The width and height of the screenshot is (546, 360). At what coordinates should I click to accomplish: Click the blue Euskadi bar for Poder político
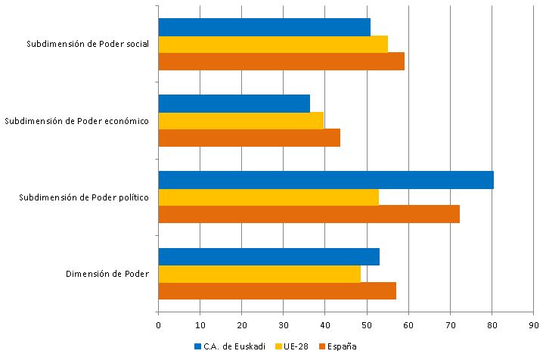coord(325,180)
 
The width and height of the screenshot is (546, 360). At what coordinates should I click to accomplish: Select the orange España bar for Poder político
coord(309,214)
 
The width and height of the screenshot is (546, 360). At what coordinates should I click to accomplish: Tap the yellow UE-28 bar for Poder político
coord(268,197)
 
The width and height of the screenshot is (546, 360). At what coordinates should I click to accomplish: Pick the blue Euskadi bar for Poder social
coord(265,26)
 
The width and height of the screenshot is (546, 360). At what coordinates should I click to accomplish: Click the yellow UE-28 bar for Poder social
coord(273,44)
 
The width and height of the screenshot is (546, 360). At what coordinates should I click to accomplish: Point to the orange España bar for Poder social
coord(281,61)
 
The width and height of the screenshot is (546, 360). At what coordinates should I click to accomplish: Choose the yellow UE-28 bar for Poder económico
coord(241,120)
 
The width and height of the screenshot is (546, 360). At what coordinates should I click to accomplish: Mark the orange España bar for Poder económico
coord(250,138)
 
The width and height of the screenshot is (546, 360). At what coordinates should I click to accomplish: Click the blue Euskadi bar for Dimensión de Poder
coord(268,256)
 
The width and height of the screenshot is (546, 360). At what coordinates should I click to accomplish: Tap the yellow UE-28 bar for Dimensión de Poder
coord(259,274)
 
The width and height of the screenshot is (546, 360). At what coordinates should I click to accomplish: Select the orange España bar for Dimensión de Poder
coord(277,291)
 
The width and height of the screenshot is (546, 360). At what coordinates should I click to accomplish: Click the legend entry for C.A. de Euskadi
coord(230,346)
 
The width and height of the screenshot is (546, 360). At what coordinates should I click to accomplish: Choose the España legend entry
coord(337,346)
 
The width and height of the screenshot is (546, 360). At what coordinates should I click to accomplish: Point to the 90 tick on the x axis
coord(533,325)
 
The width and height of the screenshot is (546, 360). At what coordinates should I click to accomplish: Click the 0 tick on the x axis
coord(158,325)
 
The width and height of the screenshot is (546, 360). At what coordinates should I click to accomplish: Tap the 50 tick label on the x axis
coord(367,325)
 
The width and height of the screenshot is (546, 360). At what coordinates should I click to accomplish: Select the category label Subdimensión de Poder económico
coord(76,121)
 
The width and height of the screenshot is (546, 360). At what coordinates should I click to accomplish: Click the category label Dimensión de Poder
coord(107,274)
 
